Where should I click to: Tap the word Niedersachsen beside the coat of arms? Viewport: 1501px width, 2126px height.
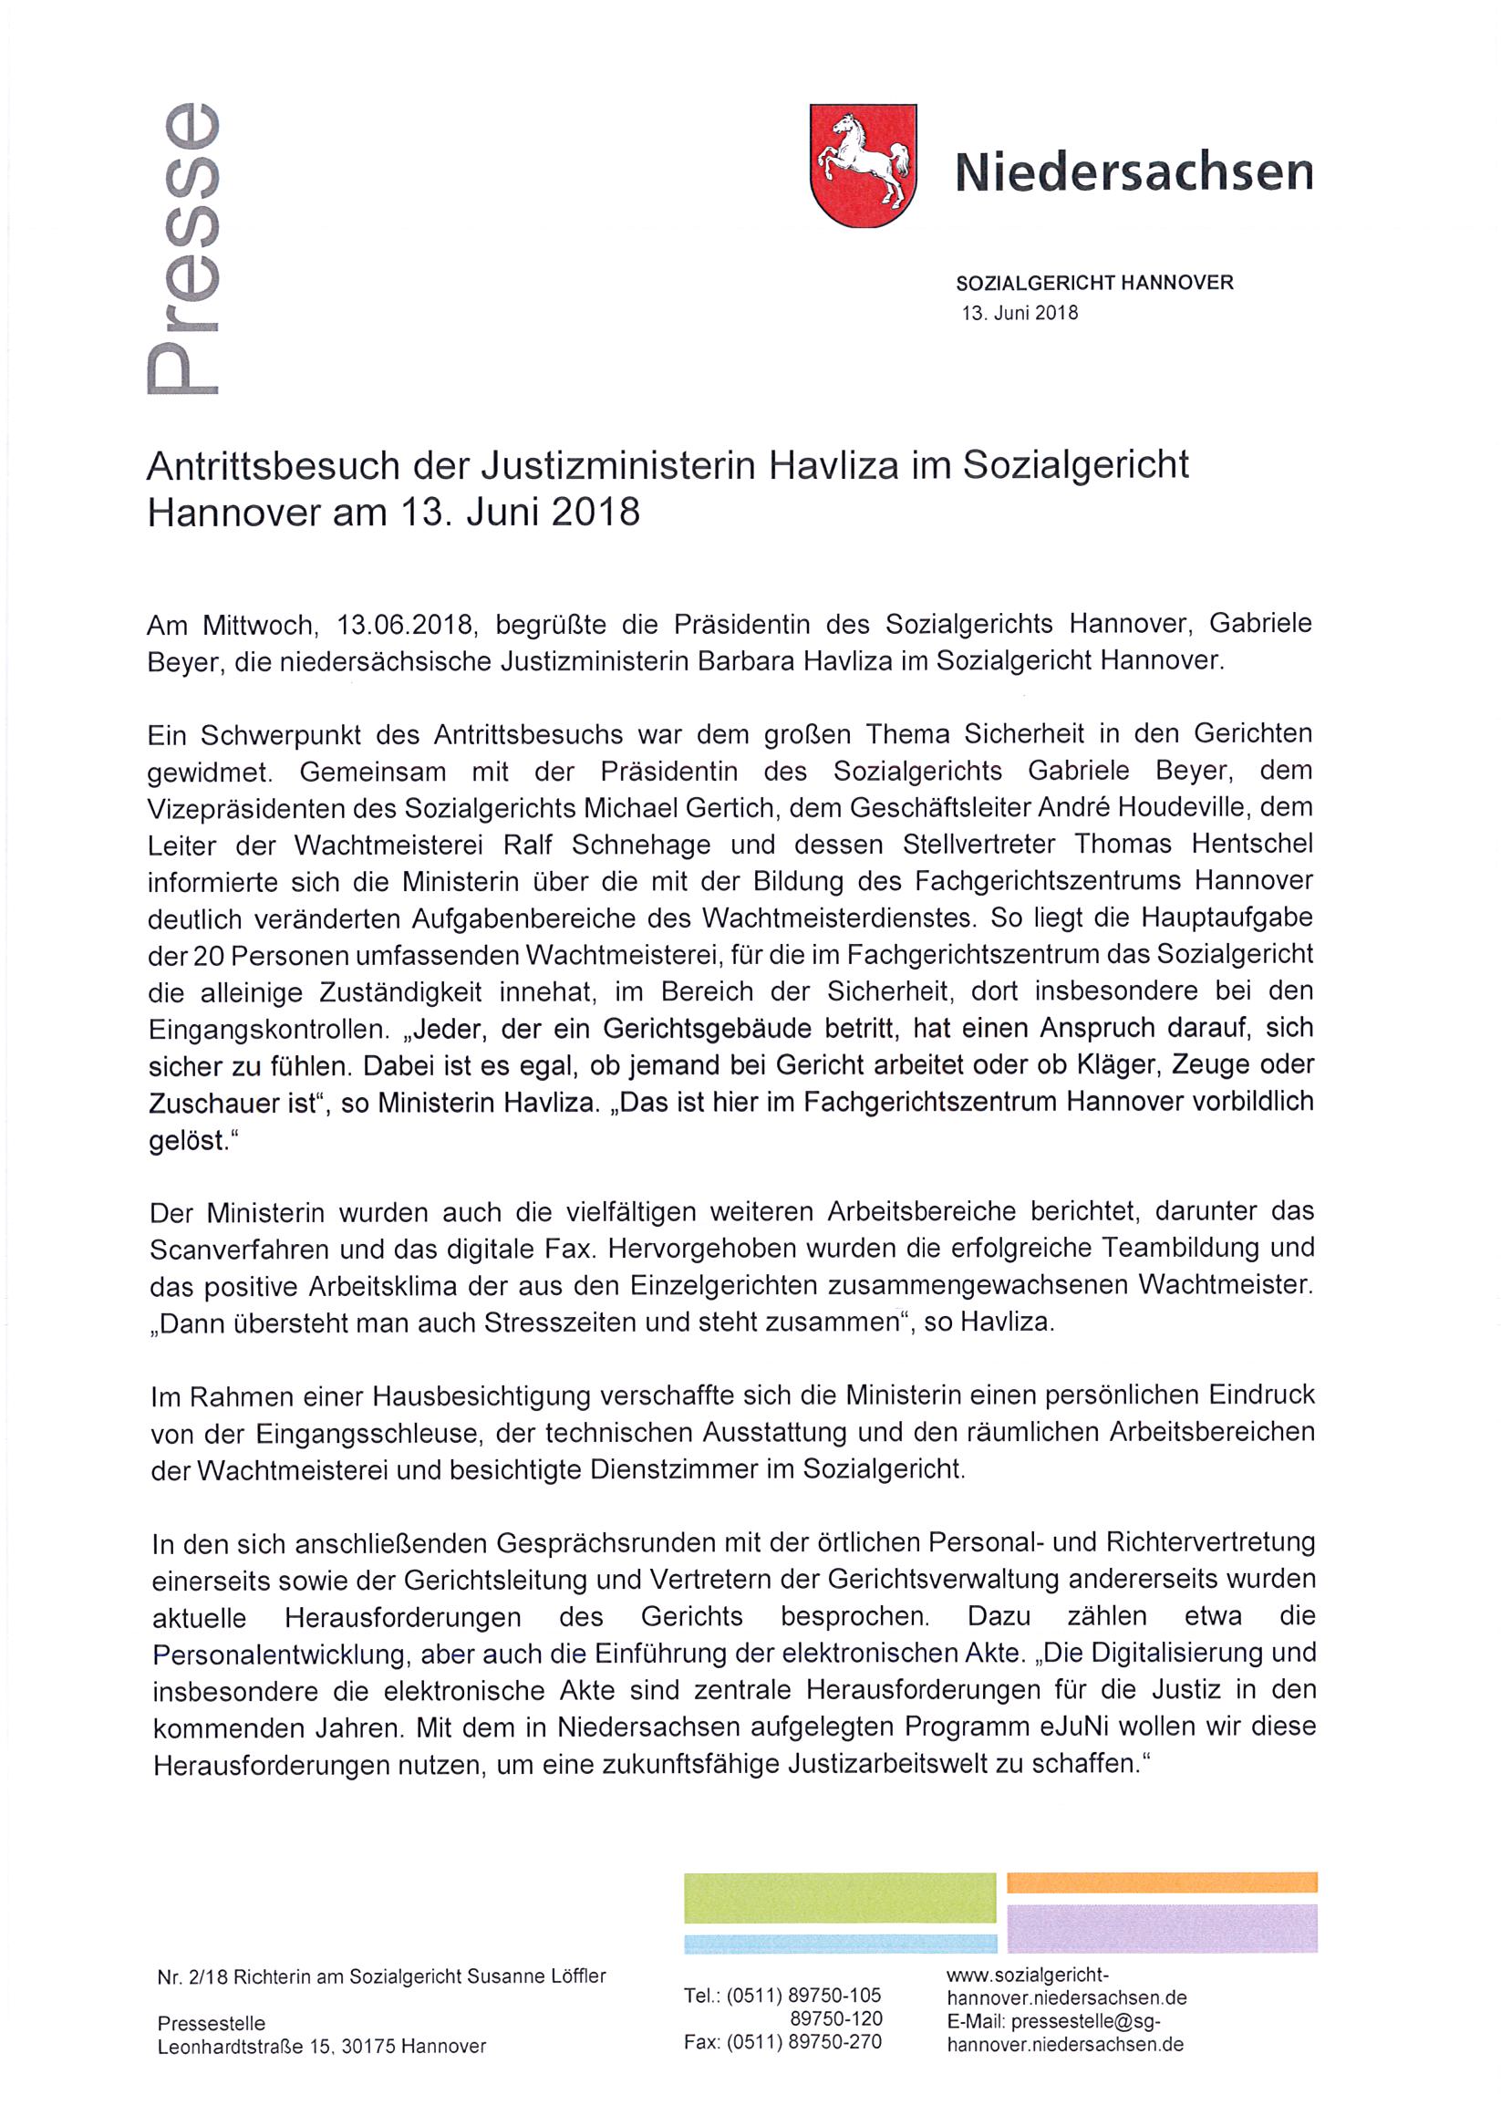1134,171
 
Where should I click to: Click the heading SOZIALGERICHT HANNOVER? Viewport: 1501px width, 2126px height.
1094,283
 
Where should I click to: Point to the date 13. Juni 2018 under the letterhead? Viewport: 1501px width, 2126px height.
1020,312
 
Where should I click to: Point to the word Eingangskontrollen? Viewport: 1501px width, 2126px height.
264,1029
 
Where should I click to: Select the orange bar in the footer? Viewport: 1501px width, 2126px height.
1161,1882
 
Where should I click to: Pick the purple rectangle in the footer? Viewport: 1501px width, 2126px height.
1161,1928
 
